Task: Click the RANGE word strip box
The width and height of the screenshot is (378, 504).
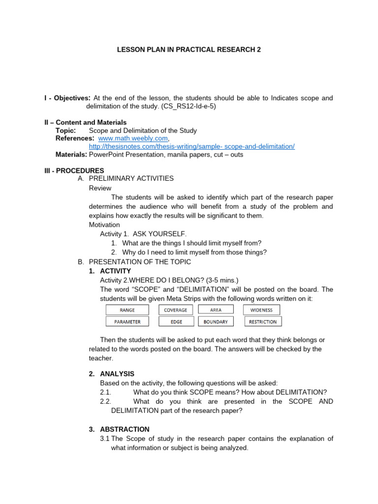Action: (x=127, y=310)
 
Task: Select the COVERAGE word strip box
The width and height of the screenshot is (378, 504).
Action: (x=176, y=310)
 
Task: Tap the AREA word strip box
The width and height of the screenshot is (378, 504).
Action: (x=216, y=310)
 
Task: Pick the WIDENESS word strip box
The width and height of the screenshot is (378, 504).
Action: (x=261, y=310)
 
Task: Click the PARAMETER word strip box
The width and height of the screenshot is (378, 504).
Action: (x=127, y=322)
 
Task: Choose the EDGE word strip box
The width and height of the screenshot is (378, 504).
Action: (x=176, y=322)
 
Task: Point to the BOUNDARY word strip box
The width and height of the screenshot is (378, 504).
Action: (x=216, y=322)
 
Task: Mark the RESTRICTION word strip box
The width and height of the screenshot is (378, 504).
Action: (x=263, y=322)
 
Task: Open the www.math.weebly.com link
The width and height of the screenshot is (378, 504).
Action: (x=133, y=139)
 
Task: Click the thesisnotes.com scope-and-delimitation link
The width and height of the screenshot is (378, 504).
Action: (x=191, y=147)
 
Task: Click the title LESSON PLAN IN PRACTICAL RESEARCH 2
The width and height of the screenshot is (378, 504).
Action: (x=189, y=50)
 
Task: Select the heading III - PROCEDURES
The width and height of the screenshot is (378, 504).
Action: (x=74, y=170)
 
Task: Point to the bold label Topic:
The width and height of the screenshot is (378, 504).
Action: (x=66, y=130)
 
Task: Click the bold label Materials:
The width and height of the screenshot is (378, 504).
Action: (x=71, y=155)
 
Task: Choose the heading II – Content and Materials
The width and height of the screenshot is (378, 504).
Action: (x=85, y=123)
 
